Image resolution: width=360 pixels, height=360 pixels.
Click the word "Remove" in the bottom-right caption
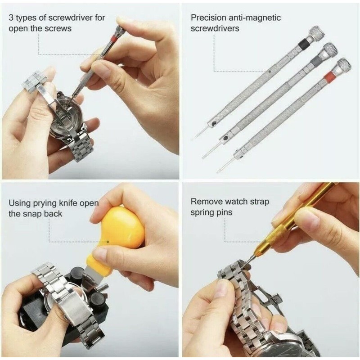(206, 202)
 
